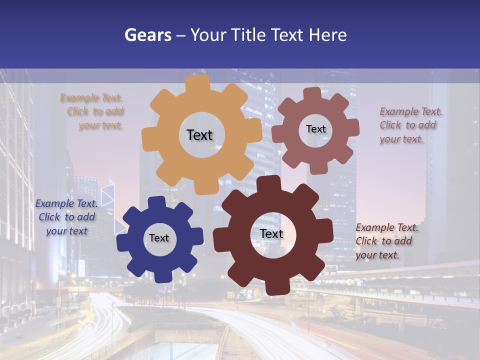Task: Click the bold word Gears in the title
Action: point(147,35)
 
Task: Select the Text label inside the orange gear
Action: point(199,135)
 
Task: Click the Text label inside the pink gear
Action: point(315,129)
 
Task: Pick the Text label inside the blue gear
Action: point(159,238)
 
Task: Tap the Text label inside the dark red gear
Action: point(271,234)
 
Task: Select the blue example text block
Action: point(66,217)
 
